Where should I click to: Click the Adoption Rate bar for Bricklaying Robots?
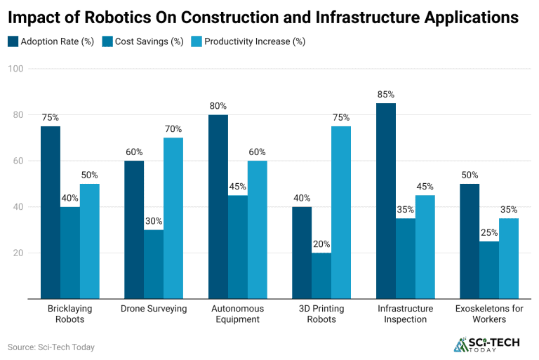coord(50,213)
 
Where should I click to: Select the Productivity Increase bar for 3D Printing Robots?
coord(341,213)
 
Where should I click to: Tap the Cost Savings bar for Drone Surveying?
coord(154,264)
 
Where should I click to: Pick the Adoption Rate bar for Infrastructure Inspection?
coord(385,201)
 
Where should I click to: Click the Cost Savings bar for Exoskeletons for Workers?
coord(489,270)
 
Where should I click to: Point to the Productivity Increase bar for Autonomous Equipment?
coord(257,229)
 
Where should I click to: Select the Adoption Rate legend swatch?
coord(13,41)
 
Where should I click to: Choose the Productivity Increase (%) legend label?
coord(255,41)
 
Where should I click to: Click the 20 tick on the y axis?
coord(16,253)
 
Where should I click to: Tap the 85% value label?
coord(385,94)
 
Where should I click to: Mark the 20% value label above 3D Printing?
coord(321,244)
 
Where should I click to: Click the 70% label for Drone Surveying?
coord(173,129)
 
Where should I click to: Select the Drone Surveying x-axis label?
coord(154,309)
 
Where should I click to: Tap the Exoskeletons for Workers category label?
coord(489,314)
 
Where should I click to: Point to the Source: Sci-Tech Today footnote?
coord(51,347)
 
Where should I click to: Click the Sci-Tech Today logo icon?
coord(460,345)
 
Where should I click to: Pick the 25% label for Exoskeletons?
coord(489,233)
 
